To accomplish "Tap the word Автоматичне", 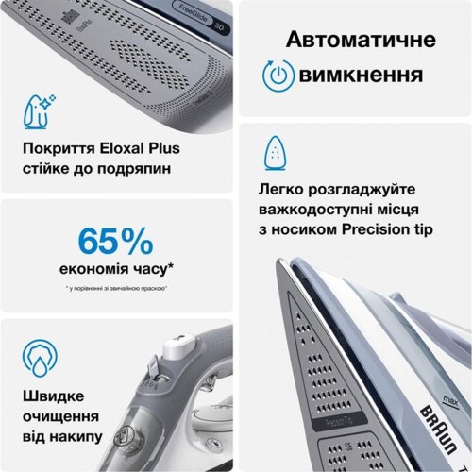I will pos(361,41).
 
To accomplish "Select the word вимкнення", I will pos(366,76).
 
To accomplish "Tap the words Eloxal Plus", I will pos(143,148).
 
